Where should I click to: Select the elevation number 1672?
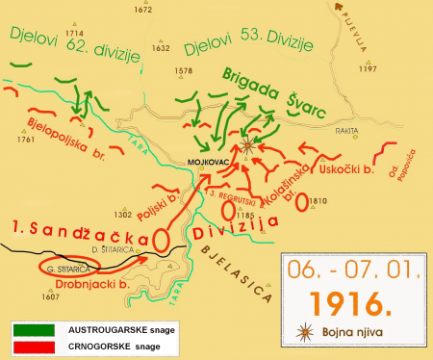click(143, 10)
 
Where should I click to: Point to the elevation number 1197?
click(367, 69)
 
